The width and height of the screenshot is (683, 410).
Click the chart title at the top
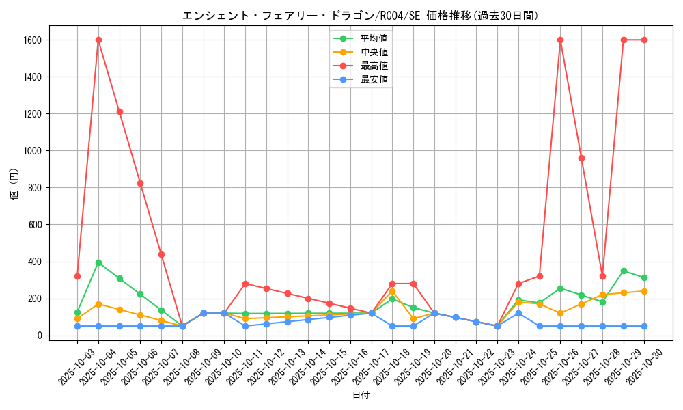360,15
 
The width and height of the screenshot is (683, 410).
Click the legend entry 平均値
374,38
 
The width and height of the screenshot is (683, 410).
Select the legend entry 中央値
374,52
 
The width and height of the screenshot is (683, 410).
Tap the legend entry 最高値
374,66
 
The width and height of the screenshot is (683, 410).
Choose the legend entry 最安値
374,79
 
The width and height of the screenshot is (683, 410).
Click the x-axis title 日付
361,396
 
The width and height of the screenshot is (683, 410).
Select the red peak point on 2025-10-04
98,40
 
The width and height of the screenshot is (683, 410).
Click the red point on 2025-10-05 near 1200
120,111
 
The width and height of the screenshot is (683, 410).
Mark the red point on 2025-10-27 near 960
581,158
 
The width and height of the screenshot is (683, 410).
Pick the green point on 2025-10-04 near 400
98,262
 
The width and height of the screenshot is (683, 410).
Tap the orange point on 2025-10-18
392,291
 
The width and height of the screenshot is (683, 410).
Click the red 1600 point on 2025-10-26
560,40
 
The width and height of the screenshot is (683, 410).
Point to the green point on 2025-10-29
624,271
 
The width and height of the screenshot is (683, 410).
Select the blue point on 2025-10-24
518,313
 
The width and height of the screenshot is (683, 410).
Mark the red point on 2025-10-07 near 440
161,254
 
